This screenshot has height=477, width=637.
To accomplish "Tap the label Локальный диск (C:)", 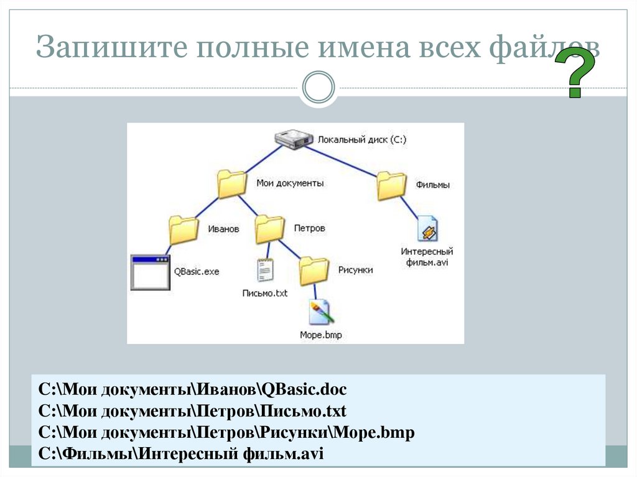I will (x=361, y=141).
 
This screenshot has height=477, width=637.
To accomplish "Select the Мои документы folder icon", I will (x=233, y=183).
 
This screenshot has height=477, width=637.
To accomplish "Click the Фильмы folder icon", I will (x=392, y=185).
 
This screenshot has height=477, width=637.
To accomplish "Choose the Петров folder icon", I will (x=270, y=228).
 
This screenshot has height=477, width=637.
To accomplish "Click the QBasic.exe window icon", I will (x=150, y=272).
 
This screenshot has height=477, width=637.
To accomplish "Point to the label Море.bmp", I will (x=320, y=335).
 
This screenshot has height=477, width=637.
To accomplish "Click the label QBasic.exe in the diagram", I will (x=197, y=272).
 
